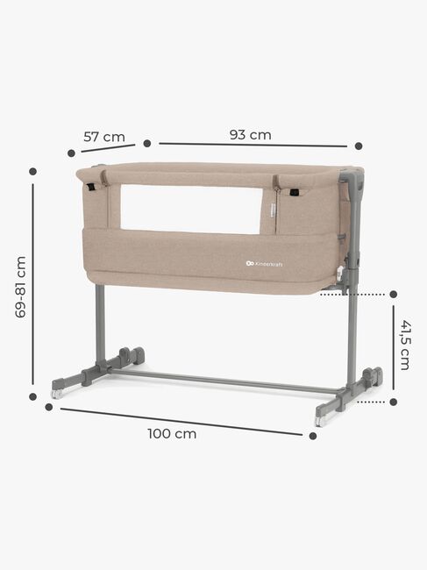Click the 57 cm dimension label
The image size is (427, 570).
104,136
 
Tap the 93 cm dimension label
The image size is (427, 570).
250,134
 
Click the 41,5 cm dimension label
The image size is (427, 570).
405,344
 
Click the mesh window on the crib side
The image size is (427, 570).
190,209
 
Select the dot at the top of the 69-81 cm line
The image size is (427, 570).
33,172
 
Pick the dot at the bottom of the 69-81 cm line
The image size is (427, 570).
33,396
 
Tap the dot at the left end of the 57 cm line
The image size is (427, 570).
71,153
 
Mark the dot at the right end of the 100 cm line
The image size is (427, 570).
312,435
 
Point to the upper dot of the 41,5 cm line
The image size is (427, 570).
393,295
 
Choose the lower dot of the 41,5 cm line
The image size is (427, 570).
393,402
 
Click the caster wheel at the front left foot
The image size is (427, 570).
57,394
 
